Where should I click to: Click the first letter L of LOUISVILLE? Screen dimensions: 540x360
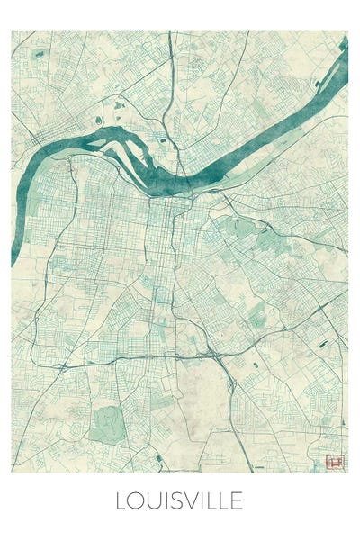120,500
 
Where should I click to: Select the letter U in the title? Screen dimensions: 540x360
152,500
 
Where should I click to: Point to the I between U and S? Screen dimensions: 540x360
165,500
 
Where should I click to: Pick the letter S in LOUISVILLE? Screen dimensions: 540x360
175,500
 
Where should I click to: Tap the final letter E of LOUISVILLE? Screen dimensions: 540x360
236,500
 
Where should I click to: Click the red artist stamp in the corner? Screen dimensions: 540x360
332,462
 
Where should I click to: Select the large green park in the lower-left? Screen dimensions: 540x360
106,421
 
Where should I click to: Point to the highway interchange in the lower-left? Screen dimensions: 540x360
64,367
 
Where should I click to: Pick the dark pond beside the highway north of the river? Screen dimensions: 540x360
162,140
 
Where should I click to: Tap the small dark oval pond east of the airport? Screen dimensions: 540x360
256,364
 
